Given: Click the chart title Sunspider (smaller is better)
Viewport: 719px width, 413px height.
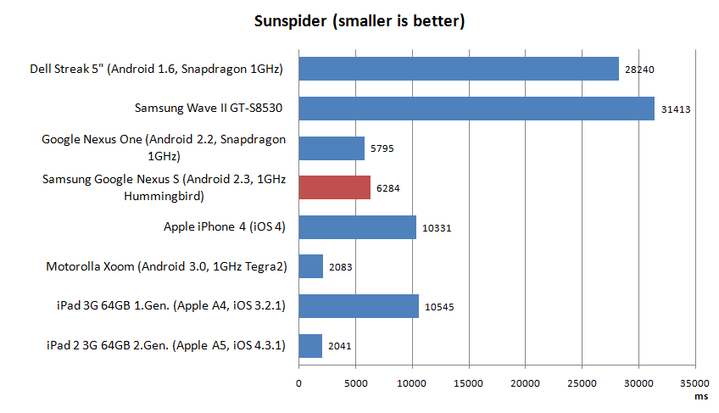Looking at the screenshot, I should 359,21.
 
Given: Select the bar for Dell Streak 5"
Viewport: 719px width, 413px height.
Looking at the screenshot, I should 459,69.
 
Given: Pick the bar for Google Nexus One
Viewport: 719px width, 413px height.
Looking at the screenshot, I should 332,148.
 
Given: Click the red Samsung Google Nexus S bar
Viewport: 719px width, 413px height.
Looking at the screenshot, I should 334,187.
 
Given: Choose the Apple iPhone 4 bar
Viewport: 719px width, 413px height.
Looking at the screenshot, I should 357,227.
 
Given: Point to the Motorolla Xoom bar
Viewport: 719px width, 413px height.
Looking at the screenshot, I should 310,267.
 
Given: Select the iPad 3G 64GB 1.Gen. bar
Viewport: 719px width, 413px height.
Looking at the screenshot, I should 359,306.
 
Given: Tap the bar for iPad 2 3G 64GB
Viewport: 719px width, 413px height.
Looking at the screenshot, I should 310,346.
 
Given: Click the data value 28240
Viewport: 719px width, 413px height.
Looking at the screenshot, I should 640,70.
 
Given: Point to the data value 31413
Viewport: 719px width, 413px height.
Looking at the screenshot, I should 676,109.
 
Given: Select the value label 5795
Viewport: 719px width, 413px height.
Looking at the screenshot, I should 382,149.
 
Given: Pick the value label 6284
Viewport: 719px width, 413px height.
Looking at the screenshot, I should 388,188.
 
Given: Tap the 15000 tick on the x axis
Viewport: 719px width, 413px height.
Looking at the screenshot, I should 469,383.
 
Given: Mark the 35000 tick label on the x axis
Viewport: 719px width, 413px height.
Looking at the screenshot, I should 696,383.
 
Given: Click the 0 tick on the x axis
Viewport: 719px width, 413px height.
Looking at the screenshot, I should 298,383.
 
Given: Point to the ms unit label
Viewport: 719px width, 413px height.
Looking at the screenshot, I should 699,395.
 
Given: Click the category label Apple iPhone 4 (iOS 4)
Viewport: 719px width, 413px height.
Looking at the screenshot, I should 225,227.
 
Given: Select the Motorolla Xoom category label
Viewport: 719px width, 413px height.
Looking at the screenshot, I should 166,267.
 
